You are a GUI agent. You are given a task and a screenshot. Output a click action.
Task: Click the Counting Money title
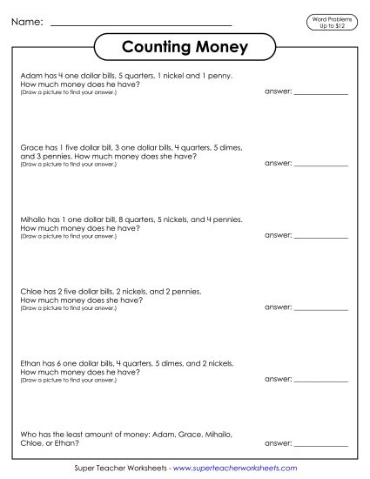tap(184, 46)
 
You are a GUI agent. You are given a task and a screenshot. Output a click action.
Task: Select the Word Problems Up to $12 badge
tap(331, 20)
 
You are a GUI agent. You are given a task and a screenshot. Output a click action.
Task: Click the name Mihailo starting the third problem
tap(31, 220)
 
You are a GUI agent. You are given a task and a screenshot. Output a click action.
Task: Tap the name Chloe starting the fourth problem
tap(29, 293)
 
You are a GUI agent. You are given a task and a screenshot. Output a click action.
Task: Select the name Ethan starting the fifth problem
tap(29, 364)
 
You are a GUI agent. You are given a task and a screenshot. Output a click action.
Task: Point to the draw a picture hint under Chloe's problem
tap(67, 308)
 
